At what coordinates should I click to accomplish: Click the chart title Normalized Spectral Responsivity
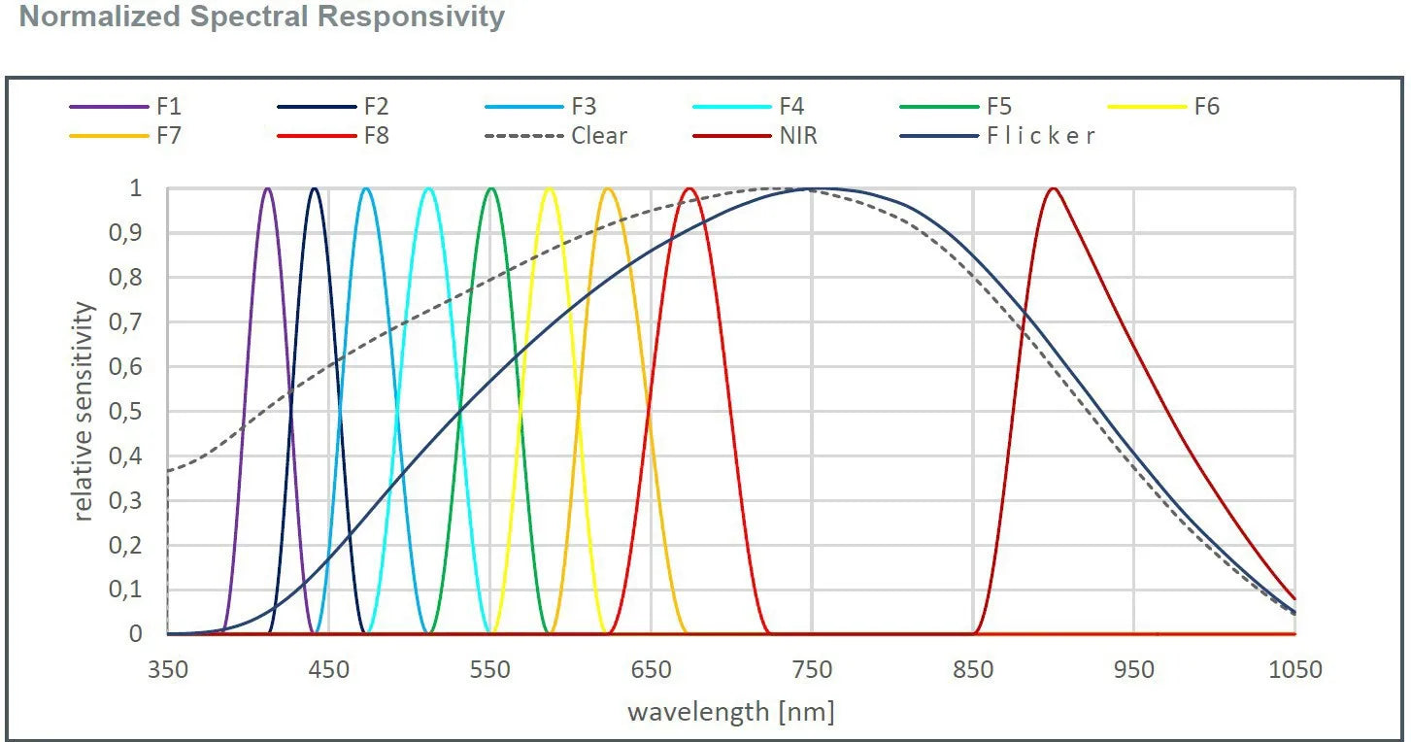(x=262, y=17)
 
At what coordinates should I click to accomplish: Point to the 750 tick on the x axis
(x=812, y=670)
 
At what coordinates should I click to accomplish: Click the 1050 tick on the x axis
(x=1295, y=670)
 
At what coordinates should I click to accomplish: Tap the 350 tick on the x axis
(x=167, y=670)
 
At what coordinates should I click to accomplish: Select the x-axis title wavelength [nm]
(x=730, y=712)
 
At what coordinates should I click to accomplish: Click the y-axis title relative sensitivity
(x=85, y=412)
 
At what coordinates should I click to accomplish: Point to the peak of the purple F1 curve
(x=268, y=188)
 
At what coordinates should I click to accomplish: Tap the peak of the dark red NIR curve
(x=1053, y=188)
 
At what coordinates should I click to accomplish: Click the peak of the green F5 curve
(x=491, y=188)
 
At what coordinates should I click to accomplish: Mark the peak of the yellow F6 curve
(x=550, y=188)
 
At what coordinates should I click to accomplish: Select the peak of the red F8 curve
(x=689, y=188)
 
